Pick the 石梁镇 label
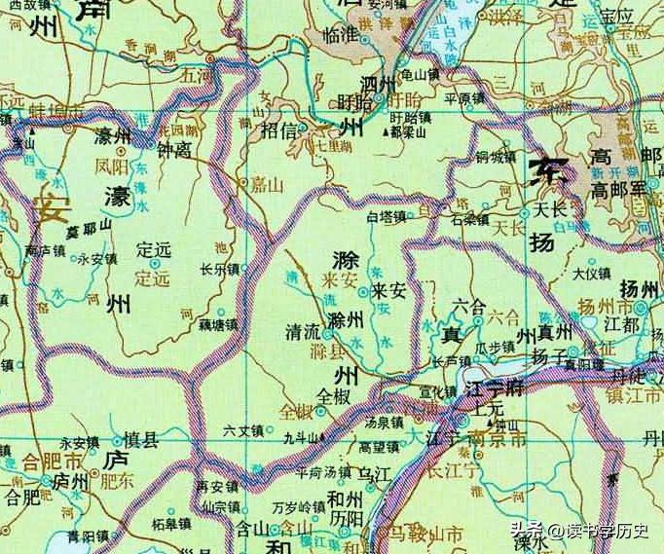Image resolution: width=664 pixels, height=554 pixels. pyautogui.click(x=469, y=219)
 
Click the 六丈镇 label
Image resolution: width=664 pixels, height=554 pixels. pyautogui.click(x=243, y=428)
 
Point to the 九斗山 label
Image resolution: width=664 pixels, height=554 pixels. pyautogui.click(x=302, y=439)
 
